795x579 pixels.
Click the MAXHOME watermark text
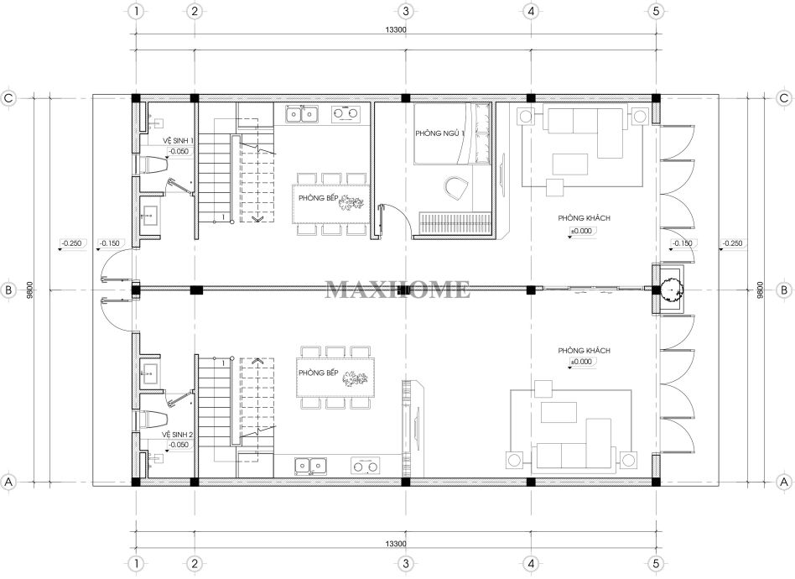397,289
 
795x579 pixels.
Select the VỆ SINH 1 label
178,140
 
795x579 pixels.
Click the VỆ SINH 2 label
177,435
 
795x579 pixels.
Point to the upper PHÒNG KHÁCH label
584,218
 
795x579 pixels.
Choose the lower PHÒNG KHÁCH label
584,351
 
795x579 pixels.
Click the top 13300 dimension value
396,29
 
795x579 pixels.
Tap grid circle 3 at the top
405,11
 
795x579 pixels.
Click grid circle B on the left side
8,290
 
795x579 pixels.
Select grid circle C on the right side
784,98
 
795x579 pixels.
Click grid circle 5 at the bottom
656,563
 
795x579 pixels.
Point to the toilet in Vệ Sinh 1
153,164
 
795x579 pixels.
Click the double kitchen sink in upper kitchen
302,114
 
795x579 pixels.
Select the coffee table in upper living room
570,164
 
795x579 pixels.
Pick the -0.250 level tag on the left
71,243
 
